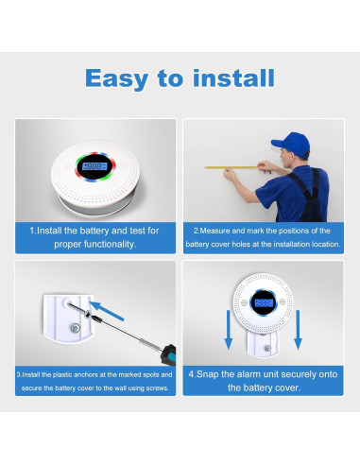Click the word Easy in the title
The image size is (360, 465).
pyautogui.click(x=116, y=78)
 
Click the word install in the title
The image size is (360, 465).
pyautogui.click(x=233, y=77)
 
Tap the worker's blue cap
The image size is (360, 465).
pyautogui.click(x=291, y=144)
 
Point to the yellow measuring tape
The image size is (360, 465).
pyautogui.click(x=231, y=167)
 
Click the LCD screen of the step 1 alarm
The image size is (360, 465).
pyautogui.click(x=94, y=166)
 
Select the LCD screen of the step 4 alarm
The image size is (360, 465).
pyautogui.click(x=264, y=303)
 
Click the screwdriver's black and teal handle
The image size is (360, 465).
pyautogui.click(x=168, y=354)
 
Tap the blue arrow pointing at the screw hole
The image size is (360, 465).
pyautogui.click(x=107, y=311)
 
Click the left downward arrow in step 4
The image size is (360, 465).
pyautogui.click(x=229, y=330)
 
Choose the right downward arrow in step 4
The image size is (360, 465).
pyautogui.click(x=298, y=330)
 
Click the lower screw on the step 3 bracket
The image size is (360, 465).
pyautogui.click(x=76, y=328)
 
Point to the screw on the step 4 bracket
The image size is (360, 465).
pyautogui.click(x=267, y=348)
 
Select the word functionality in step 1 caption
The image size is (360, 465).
pyautogui.click(x=109, y=245)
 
